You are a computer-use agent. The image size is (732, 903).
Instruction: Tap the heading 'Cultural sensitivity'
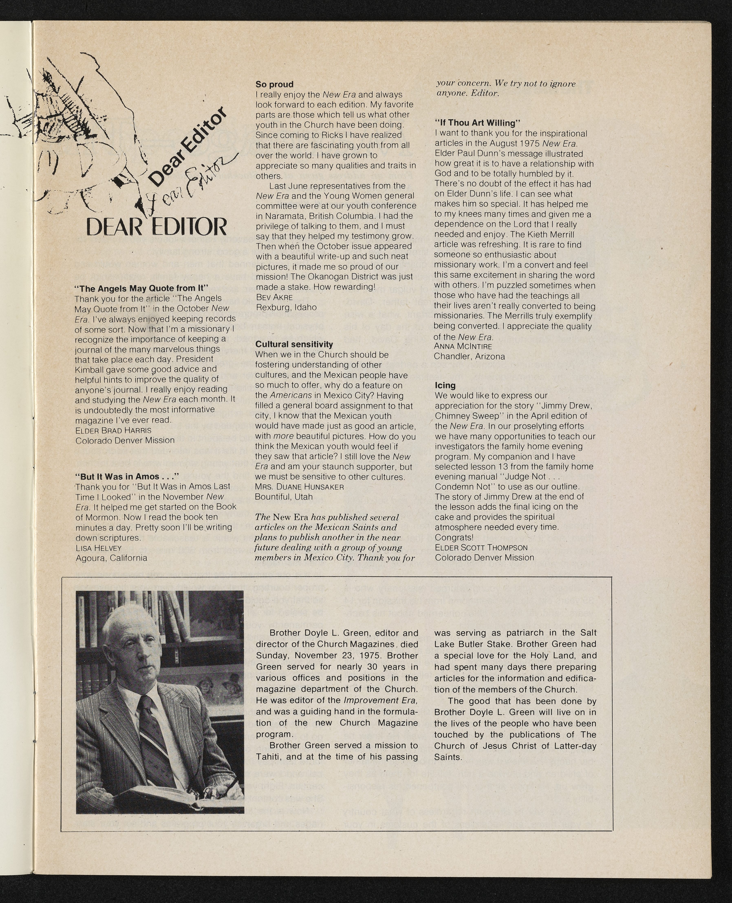coord(294,344)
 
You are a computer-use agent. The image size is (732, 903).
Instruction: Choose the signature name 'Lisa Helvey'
coord(98,548)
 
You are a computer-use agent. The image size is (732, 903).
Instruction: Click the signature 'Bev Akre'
coord(274,297)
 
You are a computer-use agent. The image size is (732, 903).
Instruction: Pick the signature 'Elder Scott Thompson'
coord(481,548)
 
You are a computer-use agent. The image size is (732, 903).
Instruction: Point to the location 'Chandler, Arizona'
coord(469,356)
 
